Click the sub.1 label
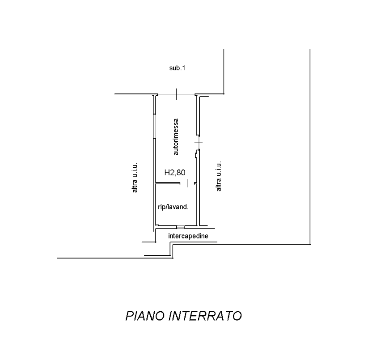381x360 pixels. tap(177, 68)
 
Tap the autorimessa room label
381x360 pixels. tap(176, 137)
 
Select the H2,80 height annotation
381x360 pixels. tap(175, 173)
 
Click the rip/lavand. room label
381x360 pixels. tap(173, 207)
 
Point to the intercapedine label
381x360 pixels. tap(188, 236)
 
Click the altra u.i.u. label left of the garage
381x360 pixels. tap(135, 178)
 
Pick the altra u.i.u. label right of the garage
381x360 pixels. tap(219, 176)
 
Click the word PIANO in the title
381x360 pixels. tap(145, 316)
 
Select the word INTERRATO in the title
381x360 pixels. tap(205, 316)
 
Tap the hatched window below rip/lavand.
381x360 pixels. tap(181, 227)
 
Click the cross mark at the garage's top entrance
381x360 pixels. tap(176, 94)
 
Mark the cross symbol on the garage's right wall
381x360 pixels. tap(199, 143)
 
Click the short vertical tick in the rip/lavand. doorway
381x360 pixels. tap(187, 183)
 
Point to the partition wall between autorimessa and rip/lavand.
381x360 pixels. tap(168, 183)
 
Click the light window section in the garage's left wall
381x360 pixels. tap(154, 126)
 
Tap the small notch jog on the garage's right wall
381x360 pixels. tap(195, 154)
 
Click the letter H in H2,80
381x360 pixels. tap(167, 173)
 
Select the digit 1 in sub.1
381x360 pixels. tap(183, 68)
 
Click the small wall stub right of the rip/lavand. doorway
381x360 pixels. tap(195, 183)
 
